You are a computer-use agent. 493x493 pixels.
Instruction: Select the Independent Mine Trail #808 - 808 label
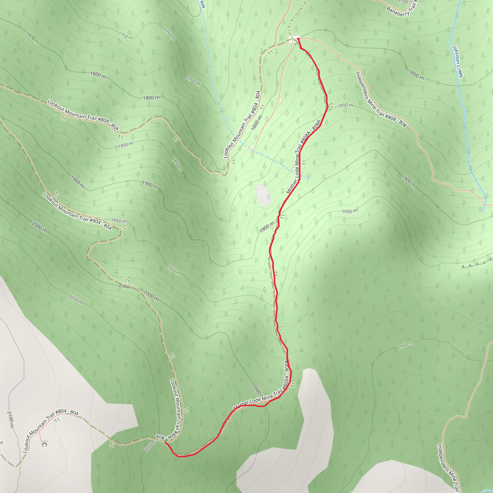381,99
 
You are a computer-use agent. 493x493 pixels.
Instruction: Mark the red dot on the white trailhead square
298,39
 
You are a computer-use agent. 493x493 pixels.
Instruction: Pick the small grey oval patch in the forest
264,195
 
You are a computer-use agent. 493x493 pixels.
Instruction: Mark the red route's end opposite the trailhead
165,442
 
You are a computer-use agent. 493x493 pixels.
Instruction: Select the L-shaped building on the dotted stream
246,148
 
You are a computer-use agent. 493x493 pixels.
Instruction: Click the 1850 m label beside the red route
345,105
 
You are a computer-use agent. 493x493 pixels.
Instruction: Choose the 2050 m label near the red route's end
150,446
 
